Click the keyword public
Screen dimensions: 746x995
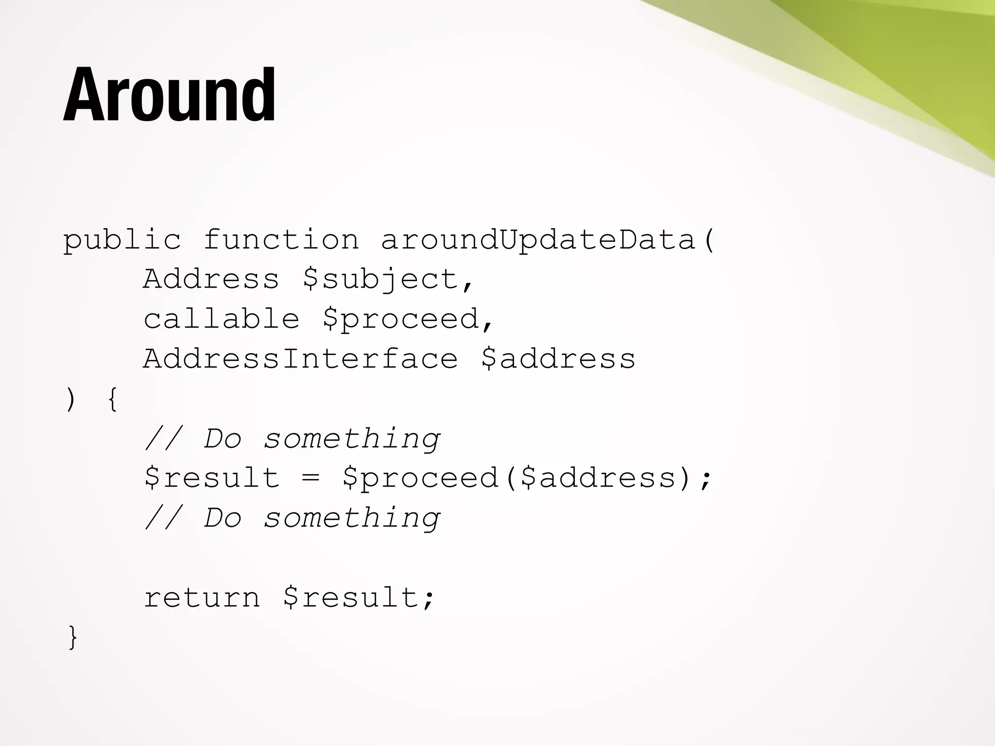[122, 240]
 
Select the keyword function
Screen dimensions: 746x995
[281, 240]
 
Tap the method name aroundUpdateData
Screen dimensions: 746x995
[538, 240]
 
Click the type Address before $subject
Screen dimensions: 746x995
[211, 279]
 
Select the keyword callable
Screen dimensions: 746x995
[221, 319]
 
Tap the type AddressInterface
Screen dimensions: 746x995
[300, 359]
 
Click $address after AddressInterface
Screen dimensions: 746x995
[558, 359]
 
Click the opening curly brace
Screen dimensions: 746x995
[112, 399]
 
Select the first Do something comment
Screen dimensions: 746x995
[292, 439]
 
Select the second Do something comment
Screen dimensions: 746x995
[292, 518]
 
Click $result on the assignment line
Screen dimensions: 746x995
[212, 478]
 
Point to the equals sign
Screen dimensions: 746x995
[310, 478]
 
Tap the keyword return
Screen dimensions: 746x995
[202, 597]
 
